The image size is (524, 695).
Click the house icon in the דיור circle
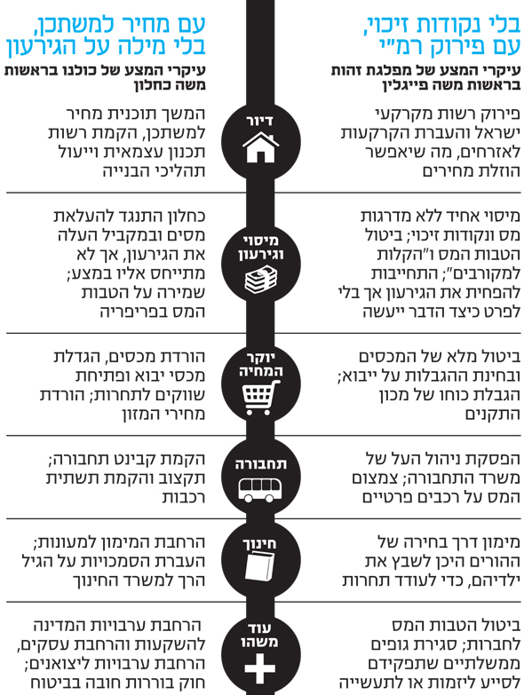pos(261,146)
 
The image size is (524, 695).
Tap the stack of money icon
pos(261,280)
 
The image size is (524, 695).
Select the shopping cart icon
pos(262,398)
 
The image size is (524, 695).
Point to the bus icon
pos(261,489)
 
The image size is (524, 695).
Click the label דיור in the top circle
pos(261,121)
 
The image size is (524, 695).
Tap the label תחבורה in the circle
pos(261,464)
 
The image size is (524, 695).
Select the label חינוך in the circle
pos(260,544)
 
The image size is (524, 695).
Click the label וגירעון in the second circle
pos(261,255)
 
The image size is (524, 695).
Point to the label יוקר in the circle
pos(261,357)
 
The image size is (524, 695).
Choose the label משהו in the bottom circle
pos(260,642)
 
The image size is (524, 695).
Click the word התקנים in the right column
pos(492,414)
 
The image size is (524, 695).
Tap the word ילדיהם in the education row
pos(493,580)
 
